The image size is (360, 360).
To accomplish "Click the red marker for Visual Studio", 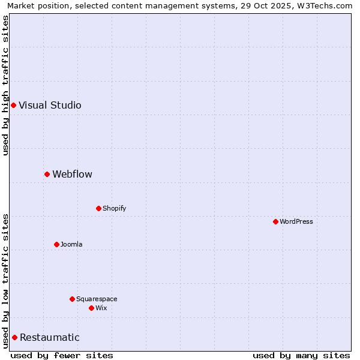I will [13, 105].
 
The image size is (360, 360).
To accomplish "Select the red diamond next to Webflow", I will [47, 174].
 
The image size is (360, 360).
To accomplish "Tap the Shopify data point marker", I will [98, 208].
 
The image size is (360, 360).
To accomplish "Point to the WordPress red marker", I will [275, 221].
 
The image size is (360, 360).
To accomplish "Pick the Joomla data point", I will [56, 244].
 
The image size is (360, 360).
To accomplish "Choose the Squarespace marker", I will [72, 299].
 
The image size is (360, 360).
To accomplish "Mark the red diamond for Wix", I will [91, 308].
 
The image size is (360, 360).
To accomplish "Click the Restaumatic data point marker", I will [14, 337].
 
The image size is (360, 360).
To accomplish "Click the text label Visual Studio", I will [50, 105].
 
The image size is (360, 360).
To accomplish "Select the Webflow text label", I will [72, 174].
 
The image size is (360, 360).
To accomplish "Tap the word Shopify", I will [114, 208].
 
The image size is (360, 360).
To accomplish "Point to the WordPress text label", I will [296, 221].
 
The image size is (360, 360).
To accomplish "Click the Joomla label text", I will [71, 244].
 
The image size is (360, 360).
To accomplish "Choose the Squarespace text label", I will [97, 299].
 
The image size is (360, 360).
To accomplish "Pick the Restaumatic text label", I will [49, 337].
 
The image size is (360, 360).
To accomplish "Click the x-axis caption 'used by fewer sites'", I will [62, 355].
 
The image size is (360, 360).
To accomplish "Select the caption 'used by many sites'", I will [301, 355].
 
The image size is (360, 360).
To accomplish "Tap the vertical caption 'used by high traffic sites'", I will [5, 85].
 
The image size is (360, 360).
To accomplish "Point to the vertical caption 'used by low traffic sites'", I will [5, 281].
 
